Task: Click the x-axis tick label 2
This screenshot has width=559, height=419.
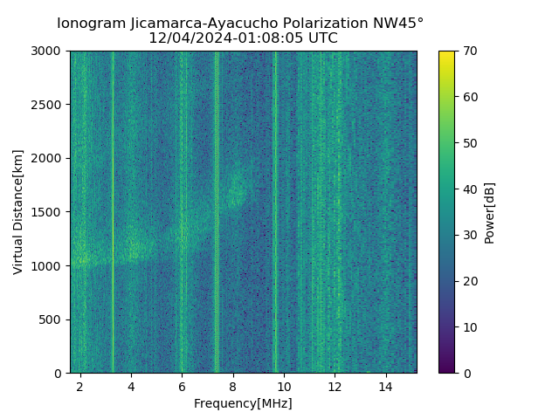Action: (80, 386)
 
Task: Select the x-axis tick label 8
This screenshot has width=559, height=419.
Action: (232, 386)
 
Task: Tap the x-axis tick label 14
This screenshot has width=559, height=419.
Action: (385, 386)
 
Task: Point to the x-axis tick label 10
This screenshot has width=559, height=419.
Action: (283, 386)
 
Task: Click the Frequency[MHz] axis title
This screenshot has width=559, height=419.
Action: (243, 403)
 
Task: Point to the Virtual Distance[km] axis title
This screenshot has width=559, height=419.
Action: (18, 212)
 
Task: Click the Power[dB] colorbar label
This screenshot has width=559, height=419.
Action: (490, 212)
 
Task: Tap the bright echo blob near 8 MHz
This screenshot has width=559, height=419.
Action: (236, 190)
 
